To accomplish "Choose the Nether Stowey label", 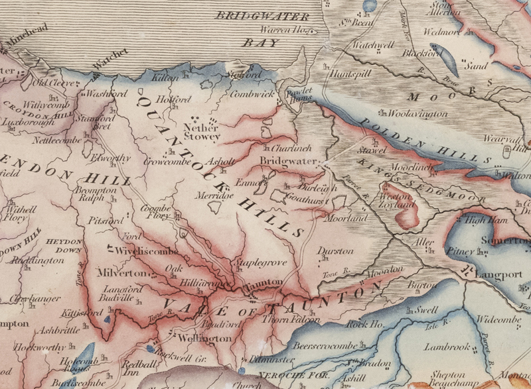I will pyautogui.click(x=202, y=131).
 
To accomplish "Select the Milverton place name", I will pyautogui.click(x=122, y=273).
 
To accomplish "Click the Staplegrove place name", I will pyautogui.click(x=262, y=263).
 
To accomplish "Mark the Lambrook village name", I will pyautogui.click(x=447, y=347).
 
